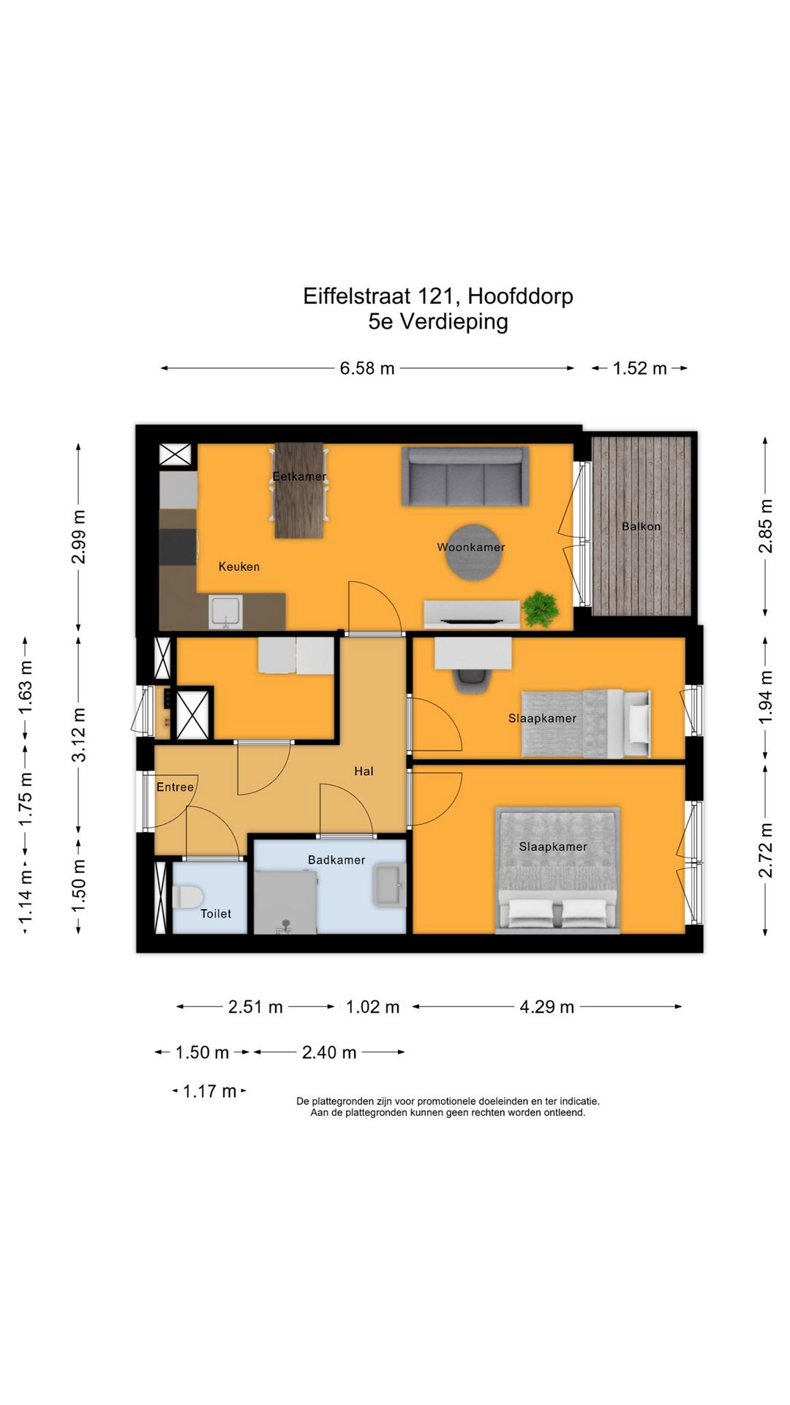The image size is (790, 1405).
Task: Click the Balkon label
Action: [641, 526]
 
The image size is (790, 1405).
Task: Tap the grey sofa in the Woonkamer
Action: [465, 476]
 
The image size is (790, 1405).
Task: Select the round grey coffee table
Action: [475, 552]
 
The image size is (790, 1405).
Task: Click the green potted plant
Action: [541, 608]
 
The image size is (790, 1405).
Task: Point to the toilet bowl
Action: [187, 896]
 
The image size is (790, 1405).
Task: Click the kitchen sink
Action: [225, 612]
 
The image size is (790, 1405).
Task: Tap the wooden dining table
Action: [299, 490]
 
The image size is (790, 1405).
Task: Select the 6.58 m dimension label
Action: [367, 368]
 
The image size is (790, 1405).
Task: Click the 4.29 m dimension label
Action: [547, 1007]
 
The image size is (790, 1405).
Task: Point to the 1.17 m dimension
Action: [210, 1091]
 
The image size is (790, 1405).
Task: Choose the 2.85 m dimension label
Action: [765, 526]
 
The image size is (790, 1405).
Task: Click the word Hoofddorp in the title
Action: [520, 296]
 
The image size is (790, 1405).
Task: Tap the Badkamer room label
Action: [336, 860]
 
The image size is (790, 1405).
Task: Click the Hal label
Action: [364, 771]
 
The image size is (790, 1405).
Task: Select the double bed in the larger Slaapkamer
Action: [557, 870]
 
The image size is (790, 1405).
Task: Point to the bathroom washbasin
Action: [389, 885]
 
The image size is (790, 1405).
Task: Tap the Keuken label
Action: [239, 566]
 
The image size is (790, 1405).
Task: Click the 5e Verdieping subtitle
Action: [438, 321]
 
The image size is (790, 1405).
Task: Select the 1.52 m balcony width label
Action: [640, 368]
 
